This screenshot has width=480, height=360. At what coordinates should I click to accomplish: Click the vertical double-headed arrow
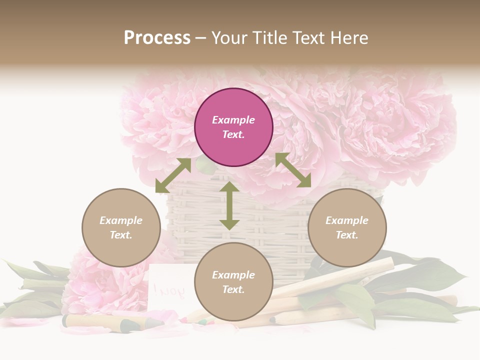click(229, 205)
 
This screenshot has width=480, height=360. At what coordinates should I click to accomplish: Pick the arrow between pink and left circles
click(173, 175)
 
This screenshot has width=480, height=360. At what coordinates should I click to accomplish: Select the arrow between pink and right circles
click(293, 170)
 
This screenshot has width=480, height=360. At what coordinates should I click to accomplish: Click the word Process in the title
click(157, 37)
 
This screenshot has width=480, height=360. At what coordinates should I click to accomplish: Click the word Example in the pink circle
click(233, 120)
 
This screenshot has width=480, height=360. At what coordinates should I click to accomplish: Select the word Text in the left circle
click(121, 235)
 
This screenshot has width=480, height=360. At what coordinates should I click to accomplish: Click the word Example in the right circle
click(347, 220)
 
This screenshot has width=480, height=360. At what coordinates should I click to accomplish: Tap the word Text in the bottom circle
click(233, 289)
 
